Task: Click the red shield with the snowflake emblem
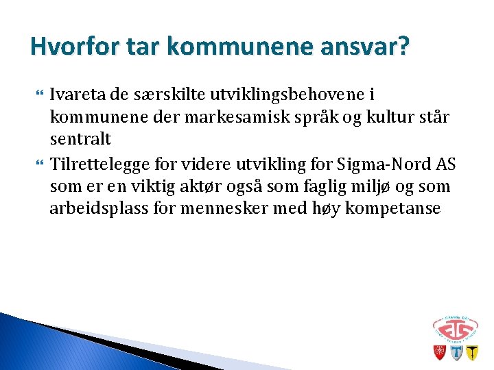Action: click(x=439, y=352)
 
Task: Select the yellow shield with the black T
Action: click(x=471, y=353)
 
